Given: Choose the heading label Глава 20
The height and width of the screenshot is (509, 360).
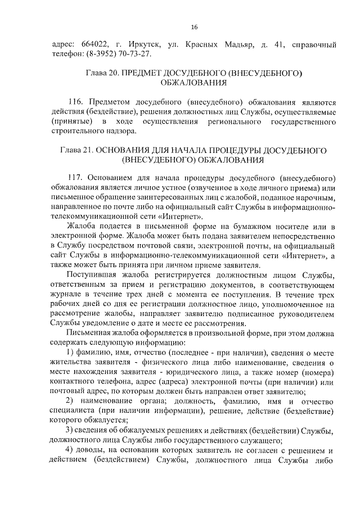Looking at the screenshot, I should [x=102, y=73].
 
